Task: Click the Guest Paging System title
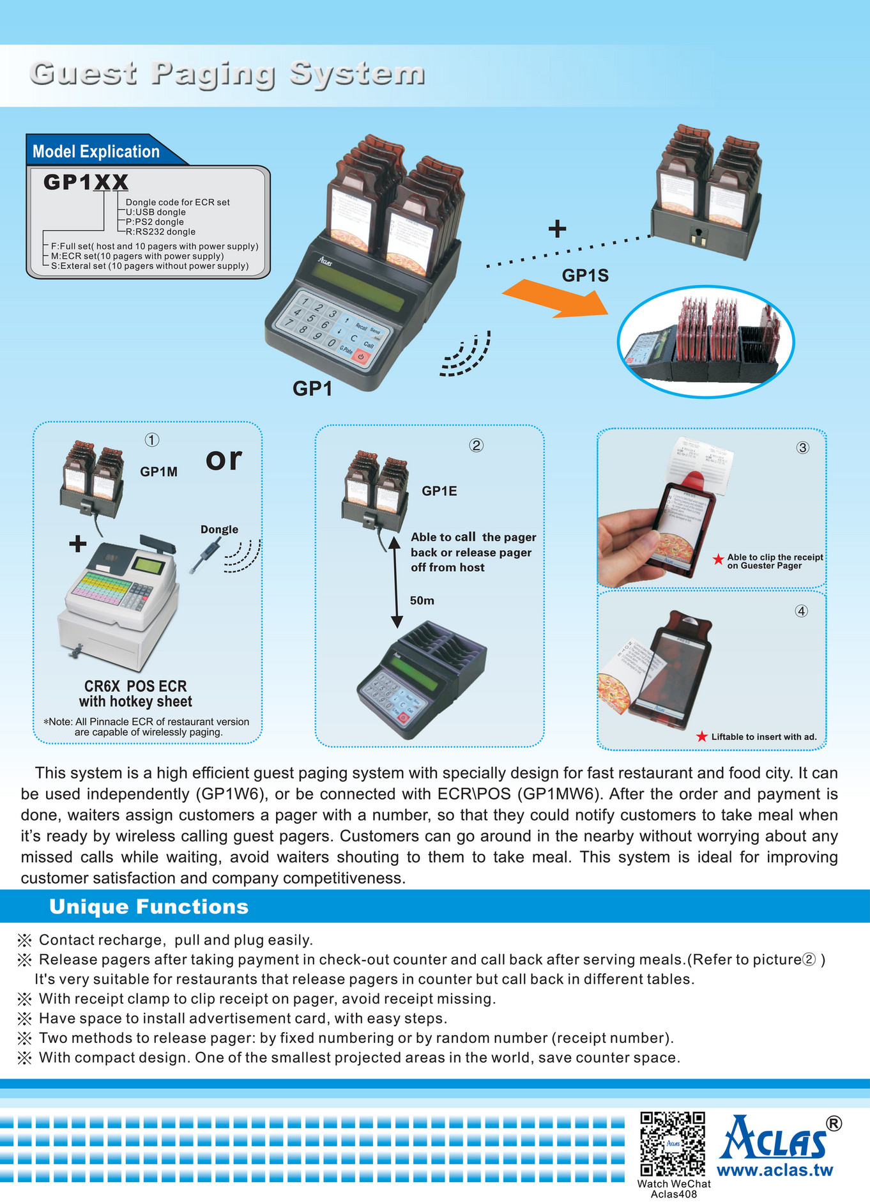[227, 73]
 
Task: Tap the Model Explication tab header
[96, 151]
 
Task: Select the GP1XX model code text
[86, 182]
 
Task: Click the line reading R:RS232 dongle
[160, 232]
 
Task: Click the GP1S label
[585, 275]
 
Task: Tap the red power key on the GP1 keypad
[361, 356]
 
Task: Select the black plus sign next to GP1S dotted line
[557, 229]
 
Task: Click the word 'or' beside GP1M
[224, 459]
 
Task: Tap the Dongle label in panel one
[219, 529]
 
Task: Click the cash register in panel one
[118, 604]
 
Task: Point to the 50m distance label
[422, 601]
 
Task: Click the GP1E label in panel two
[439, 491]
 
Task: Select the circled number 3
[802, 448]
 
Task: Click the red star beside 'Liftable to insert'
[701, 737]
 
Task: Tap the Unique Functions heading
[149, 907]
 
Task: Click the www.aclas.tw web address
[775, 1171]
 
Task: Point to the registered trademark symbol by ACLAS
[834, 1123]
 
